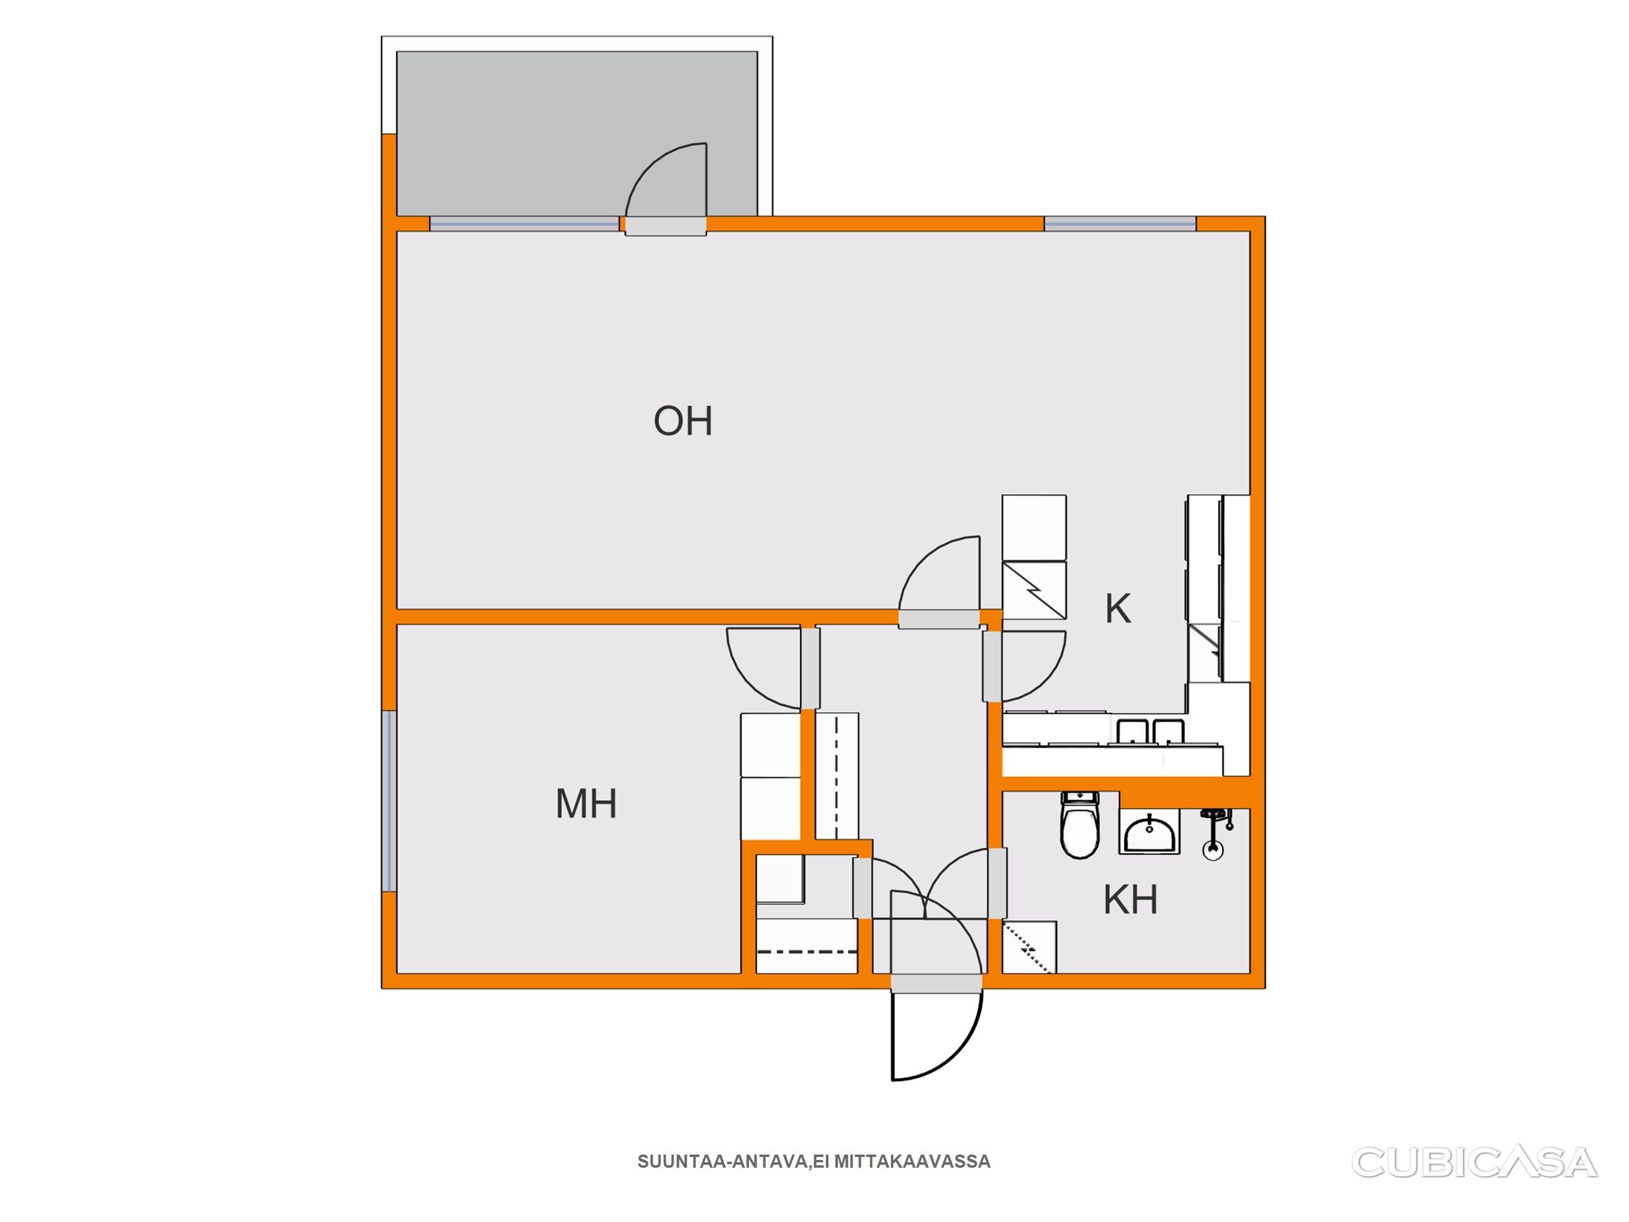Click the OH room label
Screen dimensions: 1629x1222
683,421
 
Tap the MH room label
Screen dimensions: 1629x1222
586,804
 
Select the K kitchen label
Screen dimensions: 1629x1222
1118,609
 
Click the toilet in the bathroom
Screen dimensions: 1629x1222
1079,825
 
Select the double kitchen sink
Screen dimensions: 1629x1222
1150,732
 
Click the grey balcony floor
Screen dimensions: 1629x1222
576,133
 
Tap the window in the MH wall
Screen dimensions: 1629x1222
390,801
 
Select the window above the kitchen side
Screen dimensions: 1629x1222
1120,224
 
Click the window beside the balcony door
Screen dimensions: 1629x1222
525,224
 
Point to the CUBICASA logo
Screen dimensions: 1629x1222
1474,1163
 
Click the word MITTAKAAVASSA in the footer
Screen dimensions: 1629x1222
912,1162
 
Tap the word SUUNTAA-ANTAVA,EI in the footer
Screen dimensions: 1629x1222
733,1162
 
